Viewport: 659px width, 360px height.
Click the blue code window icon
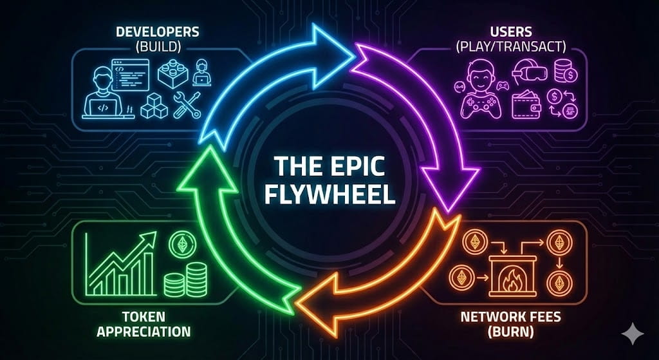[x=130, y=73]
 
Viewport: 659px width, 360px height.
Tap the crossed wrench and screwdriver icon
[x=187, y=104]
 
